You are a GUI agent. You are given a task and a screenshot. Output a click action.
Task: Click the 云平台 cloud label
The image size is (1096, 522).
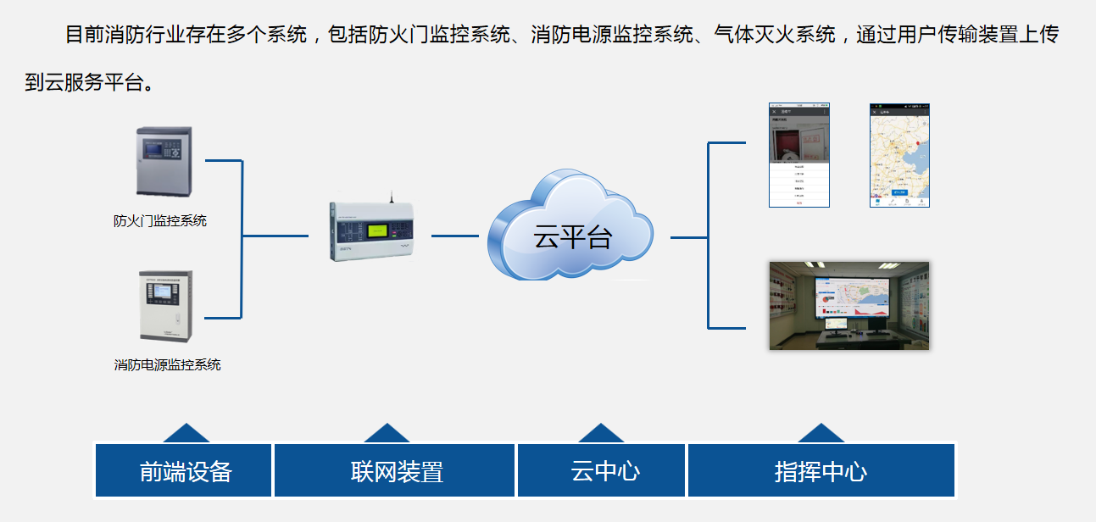pyautogui.click(x=572, y=236)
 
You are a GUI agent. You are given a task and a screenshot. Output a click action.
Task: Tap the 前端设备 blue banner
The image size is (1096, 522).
pyautogui.click(x=185, y=471)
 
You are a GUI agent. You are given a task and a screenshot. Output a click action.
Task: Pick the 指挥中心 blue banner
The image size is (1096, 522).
pyautogui.click(x=821, y=471)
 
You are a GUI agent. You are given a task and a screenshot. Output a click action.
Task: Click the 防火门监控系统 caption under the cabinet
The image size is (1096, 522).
pyautogui.click(x=160, y=221)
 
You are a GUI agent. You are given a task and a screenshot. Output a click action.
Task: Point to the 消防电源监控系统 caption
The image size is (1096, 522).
pyautogui.click(x=167, y=364)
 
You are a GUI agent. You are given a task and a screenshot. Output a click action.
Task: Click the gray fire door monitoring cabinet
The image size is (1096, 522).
pyautogui.click(x=164, y=161)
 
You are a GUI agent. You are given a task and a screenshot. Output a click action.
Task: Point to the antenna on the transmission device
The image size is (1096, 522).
pyautogui.click(x=392, y=197)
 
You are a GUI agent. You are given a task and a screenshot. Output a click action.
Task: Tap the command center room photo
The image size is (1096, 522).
pyautogui.click(x=848, y=305)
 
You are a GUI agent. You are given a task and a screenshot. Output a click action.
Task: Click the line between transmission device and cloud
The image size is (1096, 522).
pyautogui.click(x=455, y=236)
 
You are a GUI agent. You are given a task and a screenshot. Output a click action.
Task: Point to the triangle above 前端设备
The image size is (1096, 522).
pyautogui.click(x=186, y=434)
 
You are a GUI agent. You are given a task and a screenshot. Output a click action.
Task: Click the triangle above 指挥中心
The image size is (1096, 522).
pyautogui.click(x=821, y=434)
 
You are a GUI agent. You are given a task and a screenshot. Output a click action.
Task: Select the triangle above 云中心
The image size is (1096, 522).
pyautogui.click(x=601, y=434)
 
